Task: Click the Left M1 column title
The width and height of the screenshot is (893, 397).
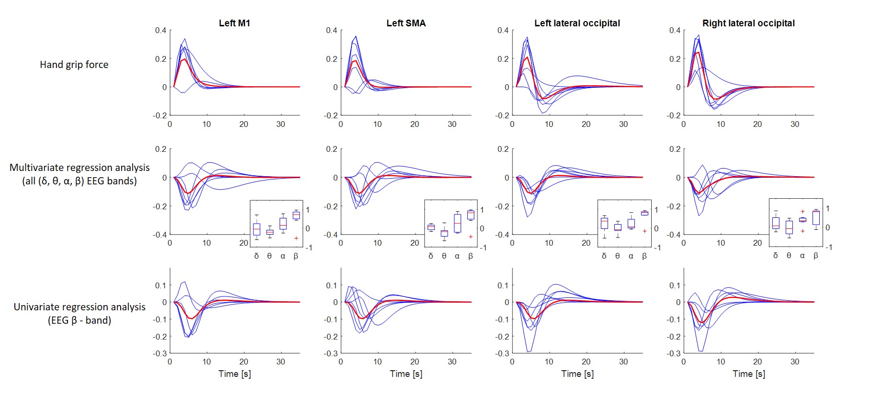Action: click(x=234, y=23)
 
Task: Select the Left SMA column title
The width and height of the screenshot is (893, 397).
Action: click(x=406, y=23)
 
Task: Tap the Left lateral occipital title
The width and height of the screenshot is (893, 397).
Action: click(x=577, y=23)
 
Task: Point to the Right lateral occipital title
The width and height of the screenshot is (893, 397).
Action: click(x=748, y=23)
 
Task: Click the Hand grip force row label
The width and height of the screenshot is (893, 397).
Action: click(x=74, y=65)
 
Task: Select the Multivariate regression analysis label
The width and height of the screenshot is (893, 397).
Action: click(x=79, y=168)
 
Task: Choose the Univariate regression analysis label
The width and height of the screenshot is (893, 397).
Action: click(x=79, y=307)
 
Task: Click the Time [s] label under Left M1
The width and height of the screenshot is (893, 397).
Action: click(x=235, y=374)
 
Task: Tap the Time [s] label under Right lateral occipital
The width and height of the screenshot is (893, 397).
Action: click(x=749, y=374)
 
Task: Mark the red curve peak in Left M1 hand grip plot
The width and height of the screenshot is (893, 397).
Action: click(x=184, y=59)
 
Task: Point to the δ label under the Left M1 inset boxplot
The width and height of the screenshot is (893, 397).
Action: click(x=257, y=256)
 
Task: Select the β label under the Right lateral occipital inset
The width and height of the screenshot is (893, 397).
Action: click(x=816, y=256)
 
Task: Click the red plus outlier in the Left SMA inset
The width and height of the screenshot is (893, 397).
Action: click(x=471, y=237)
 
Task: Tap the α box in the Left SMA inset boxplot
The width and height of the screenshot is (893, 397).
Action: click(x=457, y=223)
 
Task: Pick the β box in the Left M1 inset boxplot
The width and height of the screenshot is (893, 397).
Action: click(x=296, y=216)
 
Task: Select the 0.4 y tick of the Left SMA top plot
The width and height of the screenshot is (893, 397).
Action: click(x=331, y=30)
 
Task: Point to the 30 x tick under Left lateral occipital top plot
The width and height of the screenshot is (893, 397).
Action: click(x=623, y=124)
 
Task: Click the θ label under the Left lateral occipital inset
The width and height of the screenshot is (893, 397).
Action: click(x=617, y=256)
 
